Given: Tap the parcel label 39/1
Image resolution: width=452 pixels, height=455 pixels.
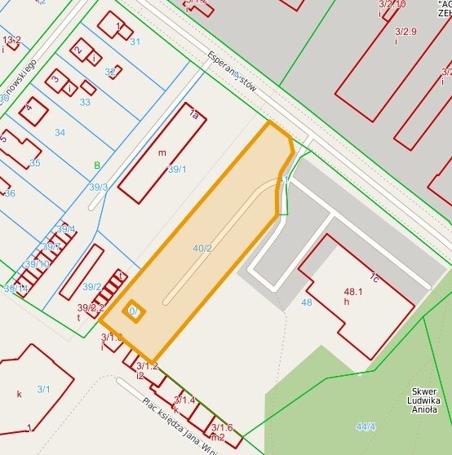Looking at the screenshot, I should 176,170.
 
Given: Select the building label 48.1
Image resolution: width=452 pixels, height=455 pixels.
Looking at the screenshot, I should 353,291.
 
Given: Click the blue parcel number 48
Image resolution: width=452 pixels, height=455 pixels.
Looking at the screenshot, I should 306,303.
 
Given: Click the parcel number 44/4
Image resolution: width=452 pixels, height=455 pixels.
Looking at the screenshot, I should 366,426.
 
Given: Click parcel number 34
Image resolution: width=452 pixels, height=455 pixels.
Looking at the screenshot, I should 60,132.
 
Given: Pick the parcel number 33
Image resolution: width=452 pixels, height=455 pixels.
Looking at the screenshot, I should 85,102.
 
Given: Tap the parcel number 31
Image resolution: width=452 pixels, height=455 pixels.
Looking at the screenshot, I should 135,41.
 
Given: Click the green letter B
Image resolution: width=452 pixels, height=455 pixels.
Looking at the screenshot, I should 97,166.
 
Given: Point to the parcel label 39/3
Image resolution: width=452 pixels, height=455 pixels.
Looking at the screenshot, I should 99,188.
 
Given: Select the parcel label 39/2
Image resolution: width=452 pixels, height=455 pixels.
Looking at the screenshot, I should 92,286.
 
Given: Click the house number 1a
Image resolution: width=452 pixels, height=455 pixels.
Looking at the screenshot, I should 193,116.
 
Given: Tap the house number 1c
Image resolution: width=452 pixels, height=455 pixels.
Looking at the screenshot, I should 374,277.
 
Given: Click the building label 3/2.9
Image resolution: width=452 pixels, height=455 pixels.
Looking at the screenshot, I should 405,32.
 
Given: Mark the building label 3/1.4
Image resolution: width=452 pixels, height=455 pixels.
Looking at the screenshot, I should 184,400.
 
